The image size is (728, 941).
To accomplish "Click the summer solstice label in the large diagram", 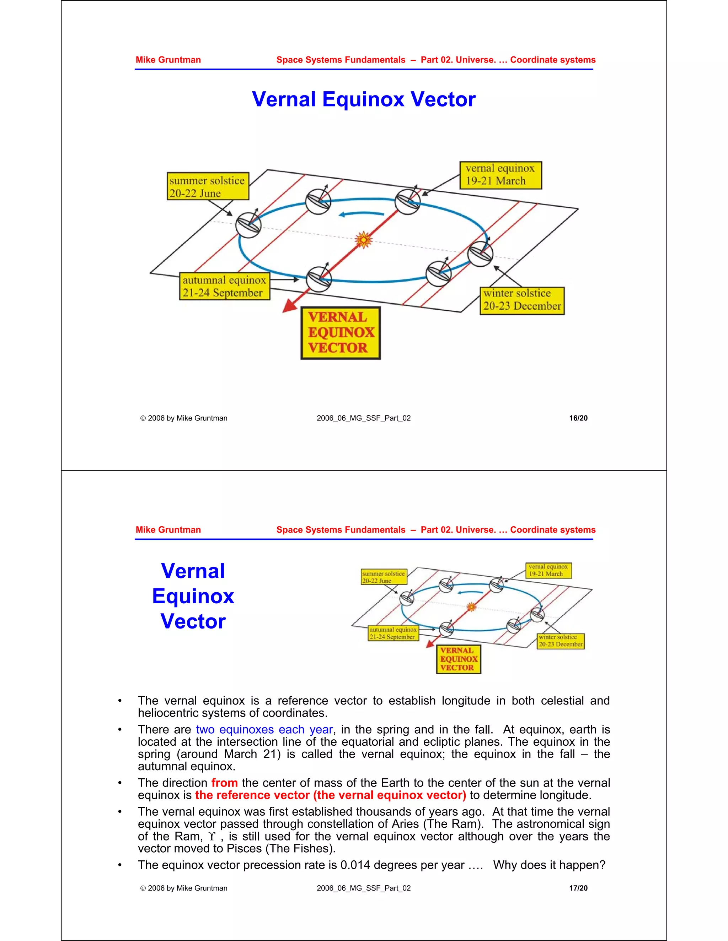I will click(x=208, y=186).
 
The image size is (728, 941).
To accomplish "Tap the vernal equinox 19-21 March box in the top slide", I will click(x=500, y=175).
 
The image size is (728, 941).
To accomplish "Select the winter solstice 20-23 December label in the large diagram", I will click(x=522, y=300).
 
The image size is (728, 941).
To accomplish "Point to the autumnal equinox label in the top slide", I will click(x=224, y=286).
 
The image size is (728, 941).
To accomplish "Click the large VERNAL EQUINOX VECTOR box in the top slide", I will click(x=340, y=333).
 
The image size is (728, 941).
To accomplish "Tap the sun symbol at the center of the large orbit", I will click(x=364, y=240).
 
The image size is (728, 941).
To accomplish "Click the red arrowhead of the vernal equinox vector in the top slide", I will click(x=289, y=306).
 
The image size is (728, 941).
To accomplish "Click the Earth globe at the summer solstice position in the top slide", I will click(x=248, y=225).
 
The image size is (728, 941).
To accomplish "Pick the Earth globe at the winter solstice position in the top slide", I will click(x=480, y=254).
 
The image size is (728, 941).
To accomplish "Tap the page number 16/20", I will click(x=578, y=418).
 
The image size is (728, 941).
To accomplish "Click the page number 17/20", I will click(x=578, y=888).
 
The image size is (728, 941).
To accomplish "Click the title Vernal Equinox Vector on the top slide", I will click(x=364, y=99).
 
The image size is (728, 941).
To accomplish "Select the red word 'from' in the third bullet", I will click(x=224, y=783).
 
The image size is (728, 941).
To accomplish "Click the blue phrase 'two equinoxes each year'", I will click(x=264, y=729).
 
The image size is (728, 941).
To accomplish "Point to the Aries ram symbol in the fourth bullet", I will click(x=212, y=837).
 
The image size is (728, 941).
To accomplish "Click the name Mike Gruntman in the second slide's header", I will click(x=168, y=529).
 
